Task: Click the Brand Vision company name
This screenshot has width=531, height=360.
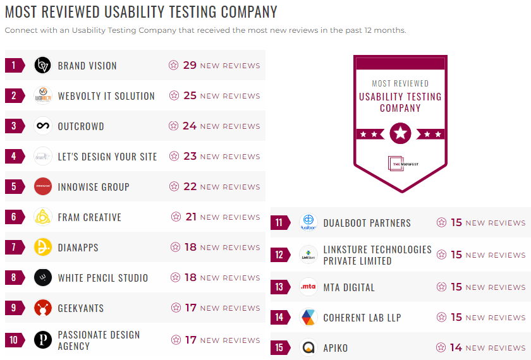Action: (87, 66)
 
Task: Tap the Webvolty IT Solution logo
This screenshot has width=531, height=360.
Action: (42, 96)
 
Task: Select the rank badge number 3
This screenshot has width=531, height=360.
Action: (14, 126)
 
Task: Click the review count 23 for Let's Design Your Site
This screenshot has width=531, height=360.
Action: (190, 157)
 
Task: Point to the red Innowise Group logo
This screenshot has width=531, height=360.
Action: (42, 187)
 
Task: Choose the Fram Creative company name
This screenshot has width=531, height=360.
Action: (89, 217)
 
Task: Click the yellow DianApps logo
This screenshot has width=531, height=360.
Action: (42, 248)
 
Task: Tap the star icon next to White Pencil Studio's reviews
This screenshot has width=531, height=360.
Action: (175, 278)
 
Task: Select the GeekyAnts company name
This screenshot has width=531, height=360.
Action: (80, 308)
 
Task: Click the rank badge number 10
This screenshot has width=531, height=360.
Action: (14, 340)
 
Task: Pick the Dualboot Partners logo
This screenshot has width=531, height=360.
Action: (308, 223)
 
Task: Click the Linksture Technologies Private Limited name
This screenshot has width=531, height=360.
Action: (377, 255)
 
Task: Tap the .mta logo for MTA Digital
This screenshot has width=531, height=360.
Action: (308, 287)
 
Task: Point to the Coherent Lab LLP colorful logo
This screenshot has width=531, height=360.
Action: (308, 318)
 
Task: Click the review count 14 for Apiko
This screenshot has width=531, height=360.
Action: (456, 348)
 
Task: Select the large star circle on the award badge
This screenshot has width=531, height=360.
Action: (400, 133)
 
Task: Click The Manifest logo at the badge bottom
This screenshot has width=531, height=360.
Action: (400, 164)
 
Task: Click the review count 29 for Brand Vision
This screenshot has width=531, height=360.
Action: (190, 66)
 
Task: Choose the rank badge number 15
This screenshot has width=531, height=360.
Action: (279, 348)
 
